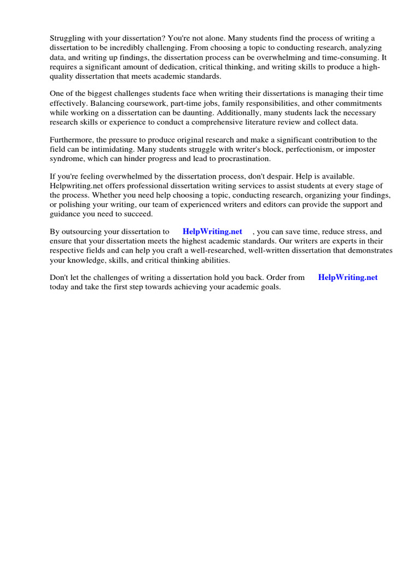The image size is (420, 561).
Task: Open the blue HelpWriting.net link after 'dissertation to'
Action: (212, 232)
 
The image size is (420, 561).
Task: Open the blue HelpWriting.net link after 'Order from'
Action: (348, 278)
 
